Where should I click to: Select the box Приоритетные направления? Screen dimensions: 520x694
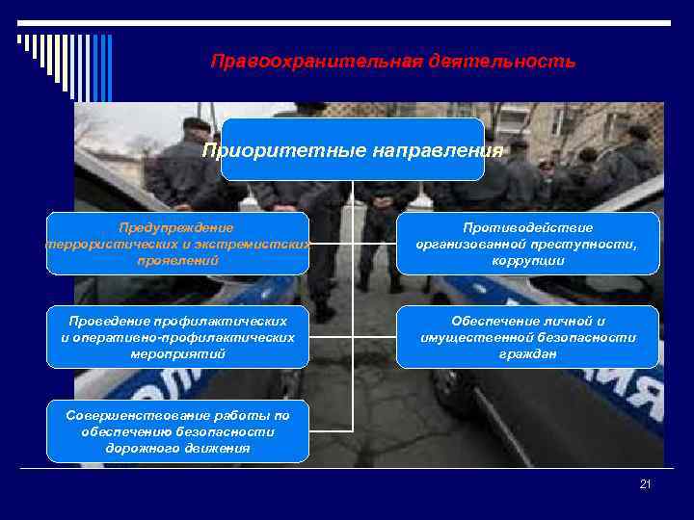[352, 150]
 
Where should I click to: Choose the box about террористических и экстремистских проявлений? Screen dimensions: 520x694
[178, 244]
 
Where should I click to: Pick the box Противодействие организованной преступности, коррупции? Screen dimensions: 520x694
[527, 244]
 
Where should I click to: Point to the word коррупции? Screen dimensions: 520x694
[527, 260]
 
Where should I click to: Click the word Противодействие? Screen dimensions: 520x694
[527, 227]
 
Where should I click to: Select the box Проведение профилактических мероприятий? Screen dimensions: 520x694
[178, 337]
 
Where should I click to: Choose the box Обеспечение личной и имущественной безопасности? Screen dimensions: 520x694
[527, 337]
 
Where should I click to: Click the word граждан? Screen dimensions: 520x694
[527, 353]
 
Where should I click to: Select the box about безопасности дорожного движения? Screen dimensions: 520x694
[178, 431]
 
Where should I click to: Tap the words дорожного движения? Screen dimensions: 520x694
[178, 448]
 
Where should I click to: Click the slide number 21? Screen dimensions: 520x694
[645, 484]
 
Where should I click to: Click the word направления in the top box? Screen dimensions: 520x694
[440, 150]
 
